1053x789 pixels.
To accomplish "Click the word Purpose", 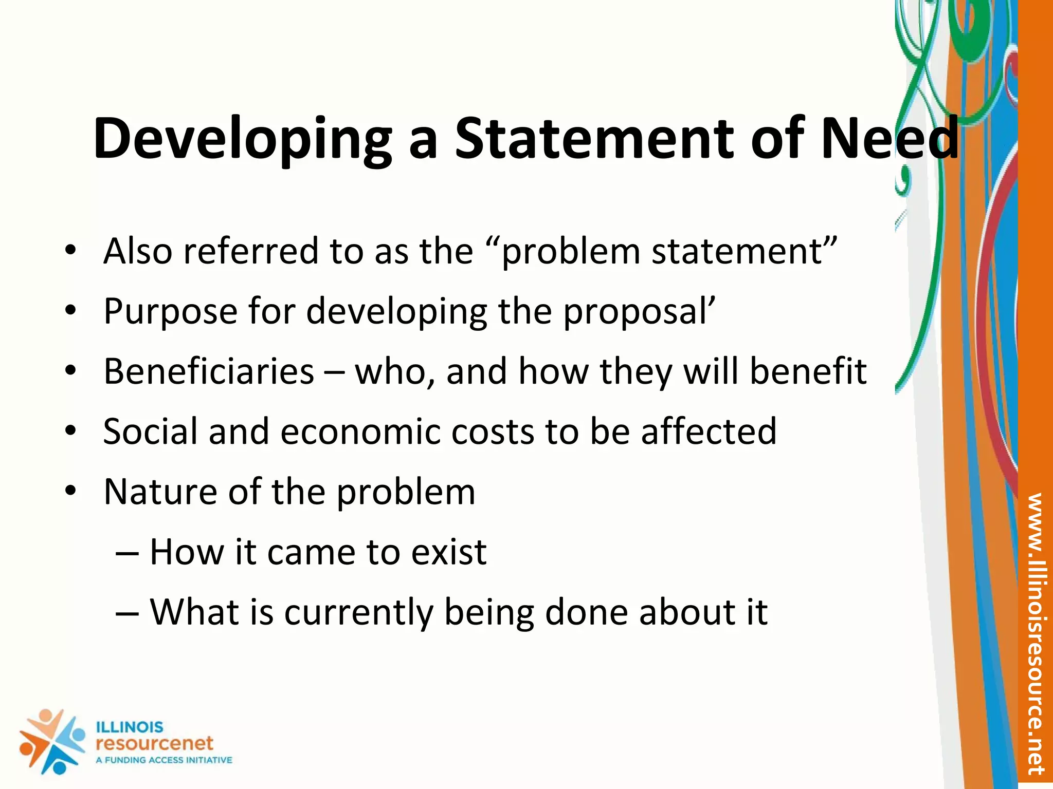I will pyautogui.click(x=170, y=311).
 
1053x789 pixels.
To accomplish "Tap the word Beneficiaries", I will pyautogui.click(x=209, y=371).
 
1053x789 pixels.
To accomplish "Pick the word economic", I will pyautogui.click(x=360, y=431).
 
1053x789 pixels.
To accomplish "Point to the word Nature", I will pyautogui.click(x=160, y=492).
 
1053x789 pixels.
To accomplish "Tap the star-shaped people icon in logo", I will pyautogui.click(x=51, y=741).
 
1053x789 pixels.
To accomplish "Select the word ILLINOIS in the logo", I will pyautogui.click(x=130, y=727).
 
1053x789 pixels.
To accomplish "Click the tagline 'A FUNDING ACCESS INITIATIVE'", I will pyautogui.click(x=164, y=760).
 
